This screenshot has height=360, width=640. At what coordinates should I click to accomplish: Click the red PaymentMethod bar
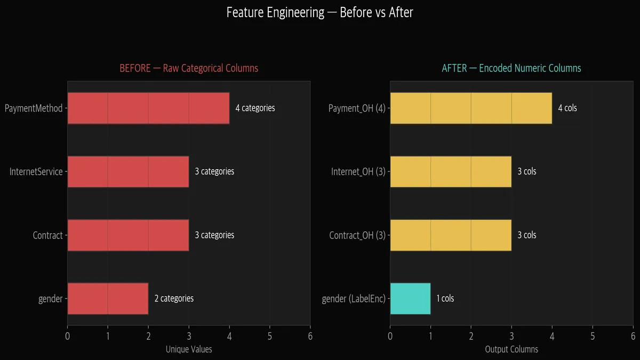pos(148,108)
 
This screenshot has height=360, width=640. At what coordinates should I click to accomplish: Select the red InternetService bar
pos(128,172)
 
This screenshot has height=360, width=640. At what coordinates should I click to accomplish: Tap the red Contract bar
pos(128,235)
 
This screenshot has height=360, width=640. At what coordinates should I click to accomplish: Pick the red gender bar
pos(108,299)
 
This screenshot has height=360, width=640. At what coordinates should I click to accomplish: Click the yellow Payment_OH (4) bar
pos(471,108)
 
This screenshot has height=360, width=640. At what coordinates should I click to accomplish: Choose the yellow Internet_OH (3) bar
pos(451,172)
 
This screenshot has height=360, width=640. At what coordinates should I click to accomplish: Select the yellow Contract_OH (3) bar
pos(451,235)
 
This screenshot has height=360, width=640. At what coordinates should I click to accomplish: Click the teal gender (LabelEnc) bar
pos(410,299)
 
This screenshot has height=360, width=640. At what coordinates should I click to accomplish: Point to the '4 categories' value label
pos(255,108)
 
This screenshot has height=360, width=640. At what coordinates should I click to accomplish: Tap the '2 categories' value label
pos(174,299)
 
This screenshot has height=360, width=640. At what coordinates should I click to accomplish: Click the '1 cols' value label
pos(445,299)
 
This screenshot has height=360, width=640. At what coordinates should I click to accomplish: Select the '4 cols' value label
pos(567,108)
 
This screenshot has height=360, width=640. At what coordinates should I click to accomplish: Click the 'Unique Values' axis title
pos(189,350)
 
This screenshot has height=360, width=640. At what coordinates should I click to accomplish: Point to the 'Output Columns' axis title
pos(511,350)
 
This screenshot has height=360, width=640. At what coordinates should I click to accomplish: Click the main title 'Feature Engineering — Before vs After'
pos(319,12)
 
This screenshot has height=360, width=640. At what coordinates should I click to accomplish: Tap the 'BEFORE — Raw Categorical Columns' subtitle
pos(189,68)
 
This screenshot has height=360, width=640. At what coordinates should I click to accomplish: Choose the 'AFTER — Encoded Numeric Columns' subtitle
pos(511,68)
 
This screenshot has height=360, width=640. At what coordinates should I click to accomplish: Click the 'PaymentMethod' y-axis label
pos(34,108)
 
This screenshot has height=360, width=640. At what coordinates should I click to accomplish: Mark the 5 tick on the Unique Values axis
pos(270,336)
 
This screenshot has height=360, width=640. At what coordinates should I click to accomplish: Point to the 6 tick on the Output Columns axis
pos(633,336)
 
